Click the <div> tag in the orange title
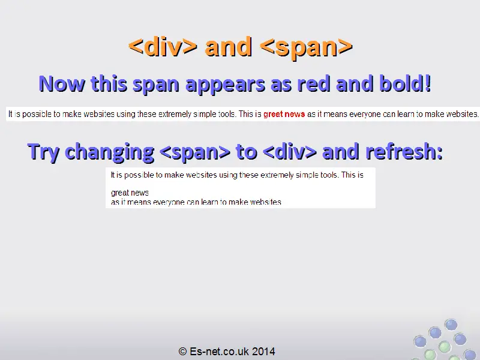click(x=163, y=47)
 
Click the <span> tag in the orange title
click(x=306, y=47)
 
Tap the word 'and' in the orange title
click(x=229, y=47)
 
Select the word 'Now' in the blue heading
click(x=62, y=83)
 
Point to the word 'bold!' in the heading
click(x=406, y=83)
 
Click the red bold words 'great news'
click(x=284, y=114)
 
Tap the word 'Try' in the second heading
click(x=43, y=152)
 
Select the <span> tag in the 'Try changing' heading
click(x=195, y=152)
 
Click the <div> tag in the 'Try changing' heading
click(x=290, y=152)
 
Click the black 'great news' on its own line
click(x=130, y=193)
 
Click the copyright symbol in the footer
click(x=183, y=351)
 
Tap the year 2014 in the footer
click(x=263, y=351)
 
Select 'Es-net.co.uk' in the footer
click(x=219, y=351)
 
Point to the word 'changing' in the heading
click(x=109, y=152)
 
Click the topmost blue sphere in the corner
click(x=451, y=325)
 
